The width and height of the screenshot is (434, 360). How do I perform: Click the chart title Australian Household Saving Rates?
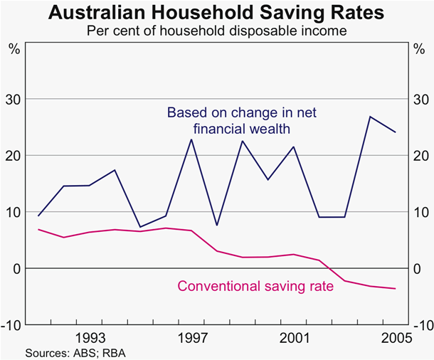[x=217, y=13]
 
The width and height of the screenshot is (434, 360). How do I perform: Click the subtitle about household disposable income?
[x=217, y=32]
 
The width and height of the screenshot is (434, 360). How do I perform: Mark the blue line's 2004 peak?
[x=370, y=116]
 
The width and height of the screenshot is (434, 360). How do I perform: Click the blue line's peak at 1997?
[x=191, y=139]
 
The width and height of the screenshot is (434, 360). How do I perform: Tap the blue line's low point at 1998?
[x=217, y=226]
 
